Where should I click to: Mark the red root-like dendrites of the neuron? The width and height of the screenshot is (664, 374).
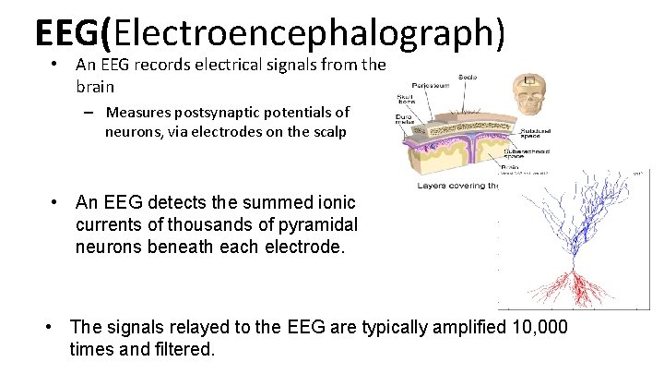pyautogui.click(x=575, y=285)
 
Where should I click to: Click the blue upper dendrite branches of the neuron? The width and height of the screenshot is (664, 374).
pyautogui.click(x=572, y=222)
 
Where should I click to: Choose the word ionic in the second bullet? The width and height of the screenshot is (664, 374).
pyautogui.click(x=334, y=202)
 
